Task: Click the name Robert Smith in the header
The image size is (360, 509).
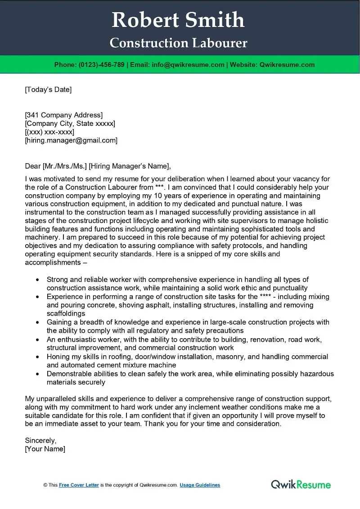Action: (x=178, y=20)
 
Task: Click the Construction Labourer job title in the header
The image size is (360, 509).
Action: (x=178, y=43)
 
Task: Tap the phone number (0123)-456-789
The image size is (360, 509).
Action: (x=101, y=65)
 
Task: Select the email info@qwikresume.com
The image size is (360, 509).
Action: (x=188, y=65)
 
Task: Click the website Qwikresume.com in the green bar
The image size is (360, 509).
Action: (x=287, y=65)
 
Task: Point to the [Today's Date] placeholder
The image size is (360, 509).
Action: (x=48, y=89)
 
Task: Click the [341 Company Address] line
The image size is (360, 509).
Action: (x=63, y=115)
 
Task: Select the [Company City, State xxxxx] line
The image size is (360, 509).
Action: (x=70, y=123)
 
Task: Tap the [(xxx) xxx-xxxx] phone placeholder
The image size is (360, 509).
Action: (x=49, y=132)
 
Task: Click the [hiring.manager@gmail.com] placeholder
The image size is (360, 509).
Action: (x=71, y=140)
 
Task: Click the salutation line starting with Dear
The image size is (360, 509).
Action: (x=98, y=166)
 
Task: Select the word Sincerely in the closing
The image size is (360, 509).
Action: (x=40, y=440)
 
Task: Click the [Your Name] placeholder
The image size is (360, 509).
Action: (x=45, y=449)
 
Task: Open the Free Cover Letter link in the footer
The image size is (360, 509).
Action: (x=78, y=485)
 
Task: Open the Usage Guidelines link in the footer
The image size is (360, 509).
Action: (x=200, y=485)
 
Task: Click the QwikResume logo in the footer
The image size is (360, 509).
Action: (x=301, y=484)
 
